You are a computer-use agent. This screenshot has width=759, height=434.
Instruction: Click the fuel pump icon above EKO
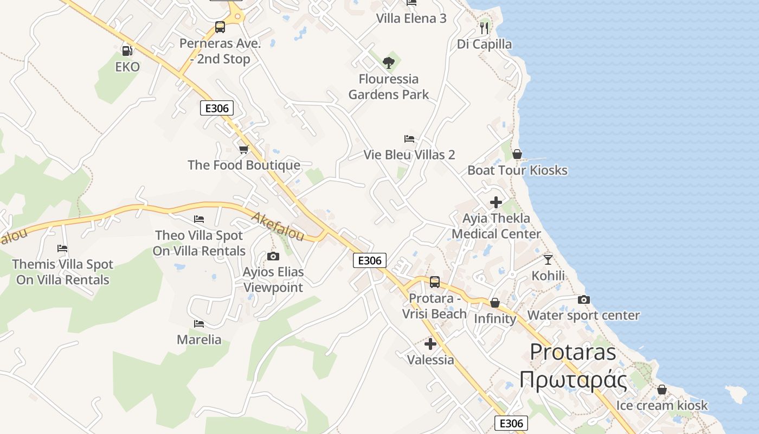pos(127,50)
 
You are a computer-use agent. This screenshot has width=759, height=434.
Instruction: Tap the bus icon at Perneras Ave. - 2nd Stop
pos(220,27)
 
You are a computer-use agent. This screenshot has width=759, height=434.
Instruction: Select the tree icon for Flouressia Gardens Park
pos(388,63)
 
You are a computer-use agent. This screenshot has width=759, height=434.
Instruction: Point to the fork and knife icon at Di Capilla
pos(484,28)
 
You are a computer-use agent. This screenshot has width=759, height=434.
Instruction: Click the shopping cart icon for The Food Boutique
pos(243,149)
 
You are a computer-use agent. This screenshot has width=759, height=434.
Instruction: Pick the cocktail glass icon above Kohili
pos(548,259)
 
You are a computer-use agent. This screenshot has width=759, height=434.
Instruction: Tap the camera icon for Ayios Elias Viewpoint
pos(273,256)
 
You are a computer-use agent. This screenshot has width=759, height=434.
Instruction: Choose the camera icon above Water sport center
pos(584,299)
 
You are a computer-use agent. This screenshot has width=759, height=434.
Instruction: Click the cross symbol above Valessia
pos(430,344)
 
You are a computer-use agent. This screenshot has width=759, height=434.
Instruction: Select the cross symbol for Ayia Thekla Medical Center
pos(496,202)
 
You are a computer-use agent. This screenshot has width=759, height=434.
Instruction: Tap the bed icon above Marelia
pos(199,324)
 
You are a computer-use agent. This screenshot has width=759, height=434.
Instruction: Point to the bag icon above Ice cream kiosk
pos(661,390)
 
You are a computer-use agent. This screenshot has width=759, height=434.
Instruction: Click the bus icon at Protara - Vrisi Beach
pos(435,282)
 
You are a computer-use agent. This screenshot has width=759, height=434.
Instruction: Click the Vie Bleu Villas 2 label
pos(409,155)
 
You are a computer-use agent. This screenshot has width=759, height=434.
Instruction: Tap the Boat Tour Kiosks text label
pos(517,170)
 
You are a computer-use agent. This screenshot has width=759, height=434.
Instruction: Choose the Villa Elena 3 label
pos(411,18)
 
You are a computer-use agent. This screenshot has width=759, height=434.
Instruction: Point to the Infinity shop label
pos(495,318)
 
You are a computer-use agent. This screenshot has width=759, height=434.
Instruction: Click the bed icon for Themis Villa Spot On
pos(62,248)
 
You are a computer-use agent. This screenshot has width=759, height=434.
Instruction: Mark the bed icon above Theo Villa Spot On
pos(199,219)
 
